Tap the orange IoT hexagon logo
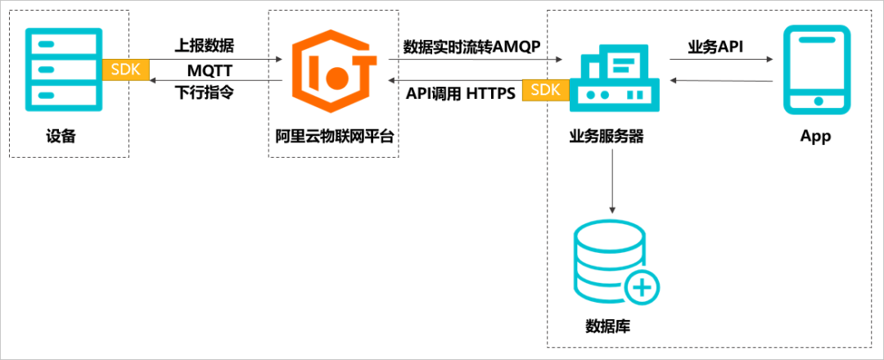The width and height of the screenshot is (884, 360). pos(334,72)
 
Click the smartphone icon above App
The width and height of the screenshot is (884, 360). pos(815,70)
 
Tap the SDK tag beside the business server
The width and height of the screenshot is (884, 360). pos(546,90)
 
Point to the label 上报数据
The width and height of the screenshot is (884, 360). pos(204,46)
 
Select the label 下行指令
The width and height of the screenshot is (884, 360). pos(204,92)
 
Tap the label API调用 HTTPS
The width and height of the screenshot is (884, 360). pos(460,93)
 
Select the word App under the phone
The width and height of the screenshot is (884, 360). pos(815,137)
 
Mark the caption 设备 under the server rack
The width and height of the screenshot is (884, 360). pos(61,137)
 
